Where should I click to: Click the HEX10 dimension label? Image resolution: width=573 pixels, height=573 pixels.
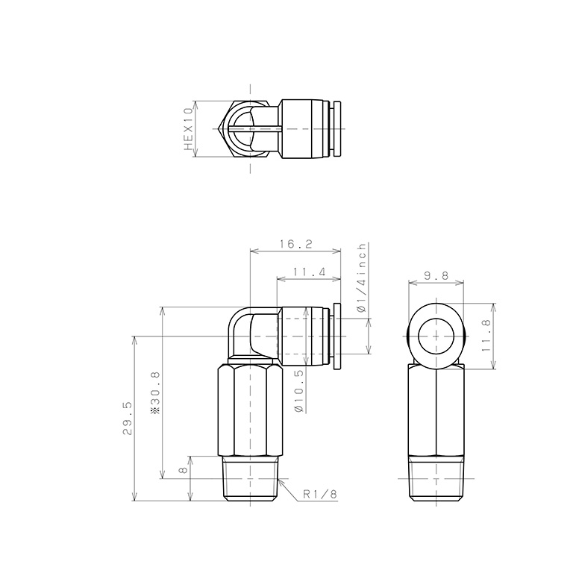click(x=189, y=128)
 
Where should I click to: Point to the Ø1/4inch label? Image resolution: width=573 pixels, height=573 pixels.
click(x=362, y=277)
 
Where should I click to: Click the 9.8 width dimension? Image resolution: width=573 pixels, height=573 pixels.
click(x=436, y=275)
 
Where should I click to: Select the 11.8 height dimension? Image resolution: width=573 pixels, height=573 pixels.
click(x=486, y=336)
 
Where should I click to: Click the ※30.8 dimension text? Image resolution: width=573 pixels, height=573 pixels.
click(x=155, y=392)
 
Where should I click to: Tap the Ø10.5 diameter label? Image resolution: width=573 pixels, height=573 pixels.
click(x=298, y=391)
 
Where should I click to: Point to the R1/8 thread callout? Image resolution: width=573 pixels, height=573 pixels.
click(x=320, y=494)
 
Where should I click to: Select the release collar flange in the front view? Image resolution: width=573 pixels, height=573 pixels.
click(x=337, y=336)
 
